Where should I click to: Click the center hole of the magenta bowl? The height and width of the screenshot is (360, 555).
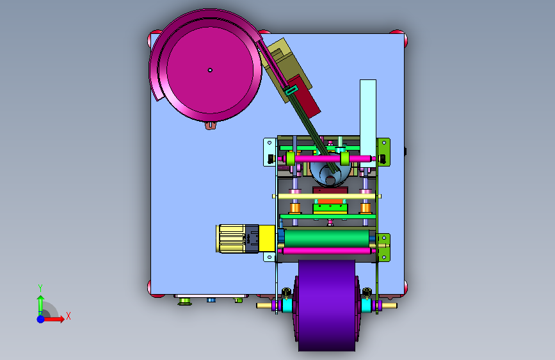210,70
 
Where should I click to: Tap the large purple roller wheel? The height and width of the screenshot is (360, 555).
326,306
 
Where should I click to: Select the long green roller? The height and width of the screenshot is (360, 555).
326,238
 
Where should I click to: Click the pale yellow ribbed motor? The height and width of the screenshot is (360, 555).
232,238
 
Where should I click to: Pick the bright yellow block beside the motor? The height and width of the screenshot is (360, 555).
267,238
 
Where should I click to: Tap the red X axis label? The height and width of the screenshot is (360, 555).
68,316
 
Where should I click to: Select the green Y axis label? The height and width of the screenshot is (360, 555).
40,288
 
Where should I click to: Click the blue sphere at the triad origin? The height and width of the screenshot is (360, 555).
41,319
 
